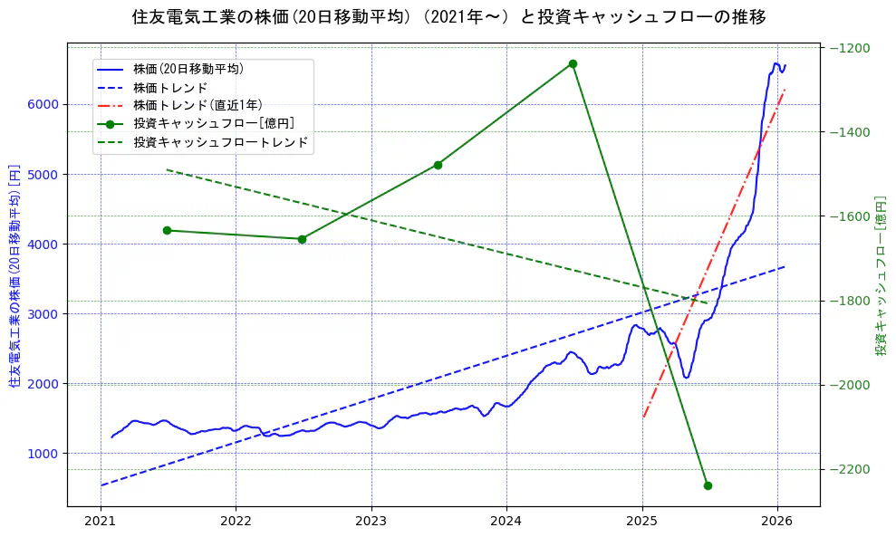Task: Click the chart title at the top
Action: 448,17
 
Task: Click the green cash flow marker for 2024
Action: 573,63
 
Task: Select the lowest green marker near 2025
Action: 708,485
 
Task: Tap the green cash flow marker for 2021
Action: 167,230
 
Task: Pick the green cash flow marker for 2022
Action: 302,239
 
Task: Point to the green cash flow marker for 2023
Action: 438,165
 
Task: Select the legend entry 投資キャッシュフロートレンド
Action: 220,142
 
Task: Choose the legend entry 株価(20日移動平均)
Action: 188,69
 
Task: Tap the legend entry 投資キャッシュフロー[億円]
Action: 213,123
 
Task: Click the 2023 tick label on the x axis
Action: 371,522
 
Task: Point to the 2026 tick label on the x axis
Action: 777,522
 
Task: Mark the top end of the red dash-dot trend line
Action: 785,90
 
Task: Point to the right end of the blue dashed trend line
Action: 785,266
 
